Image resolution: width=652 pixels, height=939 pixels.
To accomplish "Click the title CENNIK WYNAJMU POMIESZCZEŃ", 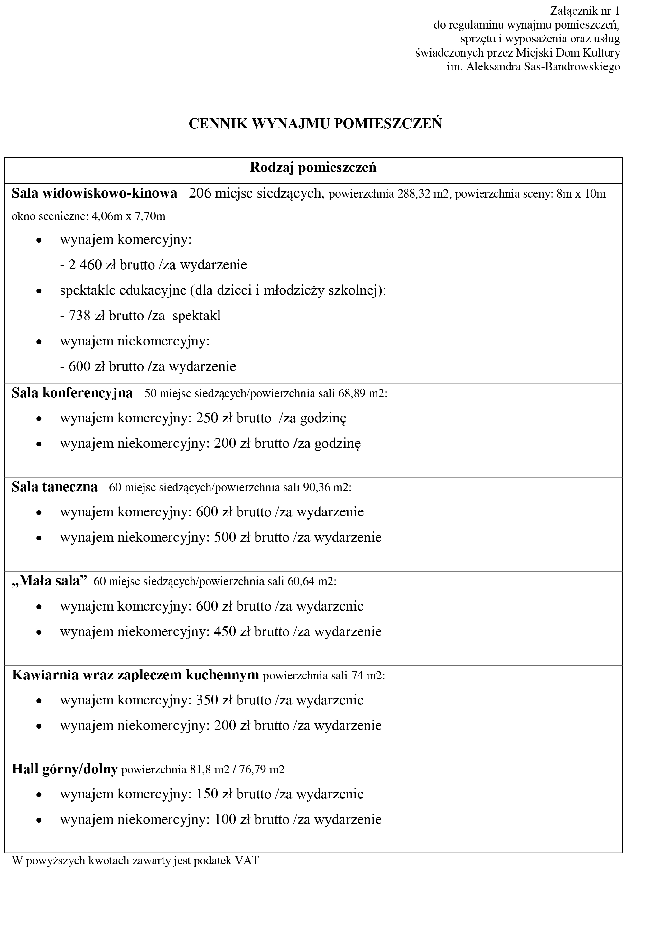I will pos(315,124).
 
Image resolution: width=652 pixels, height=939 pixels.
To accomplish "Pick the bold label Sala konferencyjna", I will pos(72,393).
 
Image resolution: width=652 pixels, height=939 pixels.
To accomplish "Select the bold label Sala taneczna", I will pos(54,487).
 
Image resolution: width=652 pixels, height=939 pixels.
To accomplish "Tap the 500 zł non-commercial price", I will pos(232,537).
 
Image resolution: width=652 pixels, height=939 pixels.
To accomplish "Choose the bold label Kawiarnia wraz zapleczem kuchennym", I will pos(135,675).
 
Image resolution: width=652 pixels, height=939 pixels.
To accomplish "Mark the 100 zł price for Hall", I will pos(232,819).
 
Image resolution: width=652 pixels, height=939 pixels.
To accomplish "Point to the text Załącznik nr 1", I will pos(585,11).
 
